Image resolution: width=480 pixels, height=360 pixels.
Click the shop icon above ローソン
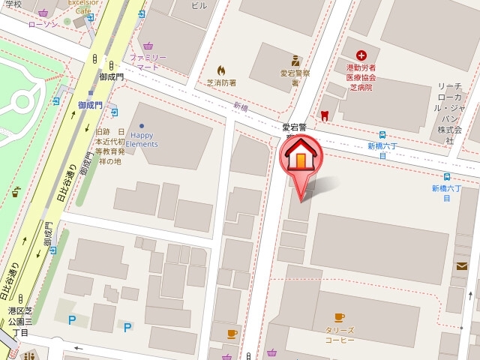[x=43, y=13]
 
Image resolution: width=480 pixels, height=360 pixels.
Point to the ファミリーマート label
[x=147, y=62]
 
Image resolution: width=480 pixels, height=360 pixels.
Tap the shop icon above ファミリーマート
[x=148, y=46]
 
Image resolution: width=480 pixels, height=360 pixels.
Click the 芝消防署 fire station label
[x=221, y=83]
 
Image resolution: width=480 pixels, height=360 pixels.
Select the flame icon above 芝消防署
[x=221, y=70]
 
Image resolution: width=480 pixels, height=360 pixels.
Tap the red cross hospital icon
[x=361, y=55]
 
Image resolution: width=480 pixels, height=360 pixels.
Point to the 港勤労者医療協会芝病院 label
[x=361, y=77]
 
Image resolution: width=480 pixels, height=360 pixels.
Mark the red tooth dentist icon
[x=324, y=115]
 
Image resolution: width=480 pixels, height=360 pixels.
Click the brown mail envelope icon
[x=461, y=265]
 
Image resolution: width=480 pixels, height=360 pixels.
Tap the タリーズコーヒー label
[x=340, y=334]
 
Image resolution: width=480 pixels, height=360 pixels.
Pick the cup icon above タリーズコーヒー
[x=340, y=317]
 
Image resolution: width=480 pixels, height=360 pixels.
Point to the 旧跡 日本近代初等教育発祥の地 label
[x=109, y=145]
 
